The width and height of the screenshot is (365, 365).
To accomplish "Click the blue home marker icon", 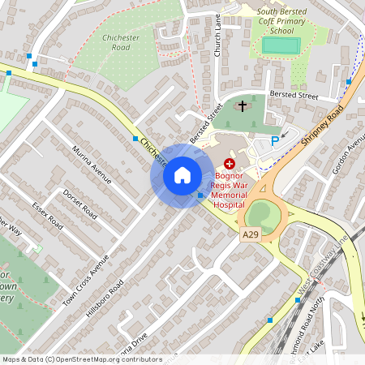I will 182,174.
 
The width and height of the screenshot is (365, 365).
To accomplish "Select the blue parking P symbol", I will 275,141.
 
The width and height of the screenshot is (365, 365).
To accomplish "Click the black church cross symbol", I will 242,106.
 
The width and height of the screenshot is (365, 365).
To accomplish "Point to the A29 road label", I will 251,234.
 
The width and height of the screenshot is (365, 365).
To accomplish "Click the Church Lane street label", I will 217,39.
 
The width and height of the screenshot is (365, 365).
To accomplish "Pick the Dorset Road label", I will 79,204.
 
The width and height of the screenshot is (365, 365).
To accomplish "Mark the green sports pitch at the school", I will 281,45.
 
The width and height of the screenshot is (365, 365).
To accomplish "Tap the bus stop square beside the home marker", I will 200,195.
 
